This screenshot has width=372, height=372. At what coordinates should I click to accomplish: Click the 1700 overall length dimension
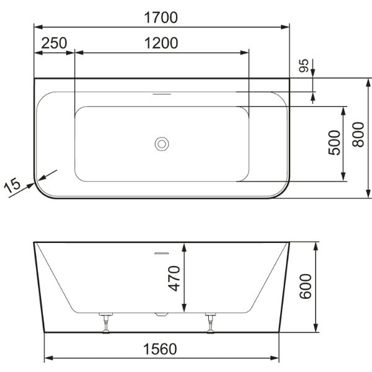[161, 17]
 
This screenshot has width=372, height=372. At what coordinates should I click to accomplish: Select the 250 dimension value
[55, 43]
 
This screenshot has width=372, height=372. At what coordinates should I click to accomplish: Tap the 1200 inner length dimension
[161, 43]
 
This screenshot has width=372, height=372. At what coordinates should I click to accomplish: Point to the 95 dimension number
[304, 65]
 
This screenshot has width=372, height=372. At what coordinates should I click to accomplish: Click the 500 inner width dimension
[334, 143]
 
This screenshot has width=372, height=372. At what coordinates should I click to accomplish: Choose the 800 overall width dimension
[358, 135]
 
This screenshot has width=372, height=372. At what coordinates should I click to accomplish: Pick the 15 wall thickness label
[12, 185]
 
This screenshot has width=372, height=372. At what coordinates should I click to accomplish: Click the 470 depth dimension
[174, 278]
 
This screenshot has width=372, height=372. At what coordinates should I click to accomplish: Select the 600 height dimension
[305, 286]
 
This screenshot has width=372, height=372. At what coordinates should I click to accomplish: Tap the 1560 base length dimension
[160, 349]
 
